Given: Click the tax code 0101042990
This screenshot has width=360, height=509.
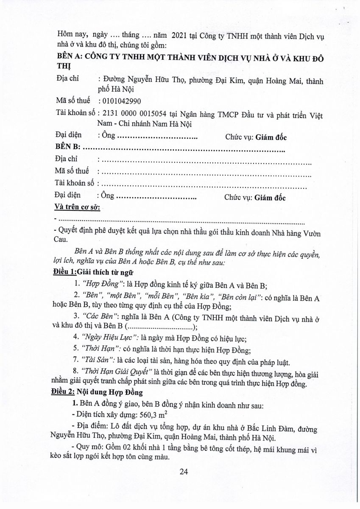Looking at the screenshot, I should pos(120,101).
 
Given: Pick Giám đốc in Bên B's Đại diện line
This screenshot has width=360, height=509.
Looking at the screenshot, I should pos(270,198).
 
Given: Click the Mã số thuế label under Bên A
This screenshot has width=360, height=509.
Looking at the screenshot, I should pos(73,101).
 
